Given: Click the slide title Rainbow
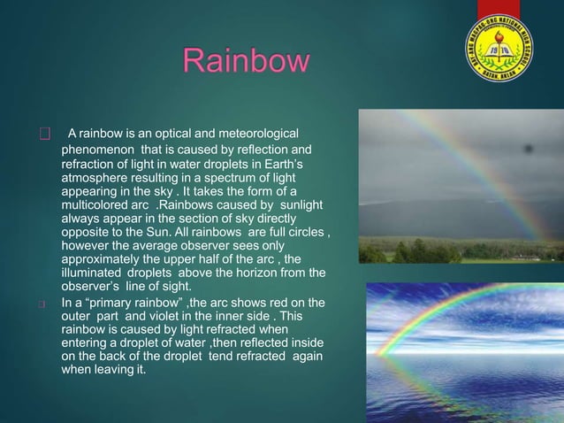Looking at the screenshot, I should (247, 63).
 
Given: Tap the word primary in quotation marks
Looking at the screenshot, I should (114, 304).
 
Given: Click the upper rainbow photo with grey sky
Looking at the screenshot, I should (461, 187).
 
